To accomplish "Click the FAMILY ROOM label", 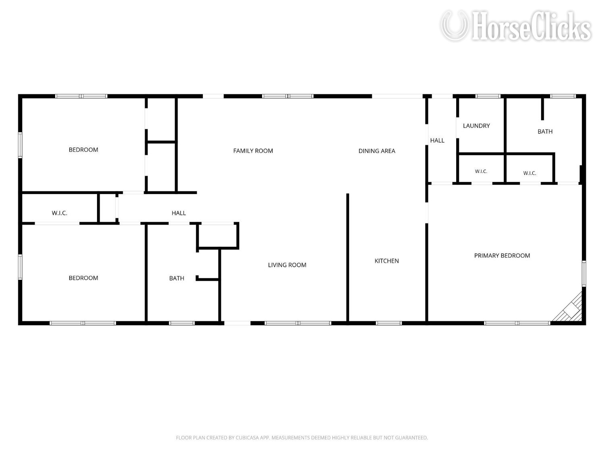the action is point(253,151).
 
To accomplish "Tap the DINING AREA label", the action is point(377,151).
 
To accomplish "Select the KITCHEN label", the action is point(387,261).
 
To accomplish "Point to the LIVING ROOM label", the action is point(287,265).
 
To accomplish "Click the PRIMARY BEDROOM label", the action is point(502,256).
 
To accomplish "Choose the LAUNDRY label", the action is point(476,126).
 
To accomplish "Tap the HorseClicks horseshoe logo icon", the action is point(454,26).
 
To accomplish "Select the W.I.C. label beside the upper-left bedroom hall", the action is point(60,213).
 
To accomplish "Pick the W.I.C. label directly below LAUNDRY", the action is point(481,172).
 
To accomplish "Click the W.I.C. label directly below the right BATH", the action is point(530,173).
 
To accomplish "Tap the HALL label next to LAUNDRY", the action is point(437,141).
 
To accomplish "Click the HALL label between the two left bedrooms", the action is point(179,213).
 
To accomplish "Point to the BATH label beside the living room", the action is point(177,278).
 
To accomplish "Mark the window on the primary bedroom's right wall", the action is point(584,274).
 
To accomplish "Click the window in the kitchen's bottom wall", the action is point(389,323).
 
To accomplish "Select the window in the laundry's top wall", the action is point(488,96).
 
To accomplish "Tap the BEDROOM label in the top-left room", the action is point(83,150).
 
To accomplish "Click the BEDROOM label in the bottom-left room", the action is point(83,278).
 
